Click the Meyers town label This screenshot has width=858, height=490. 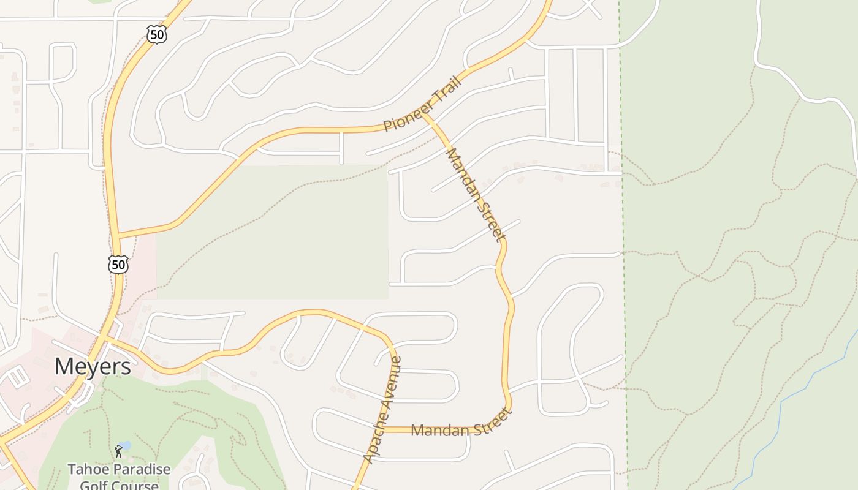tap(93, 367)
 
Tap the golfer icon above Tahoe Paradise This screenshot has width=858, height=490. tap(118, 452)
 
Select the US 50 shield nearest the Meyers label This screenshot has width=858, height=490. tap(118, 265)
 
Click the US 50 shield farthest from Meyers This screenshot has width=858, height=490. tap(157, 34)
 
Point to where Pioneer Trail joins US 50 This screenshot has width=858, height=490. tap(117, 236)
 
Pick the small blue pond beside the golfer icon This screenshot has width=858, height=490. tap(125, 445)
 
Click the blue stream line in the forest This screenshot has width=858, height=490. tap(797, 392)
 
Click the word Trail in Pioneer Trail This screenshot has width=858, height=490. tap(446, 97)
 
